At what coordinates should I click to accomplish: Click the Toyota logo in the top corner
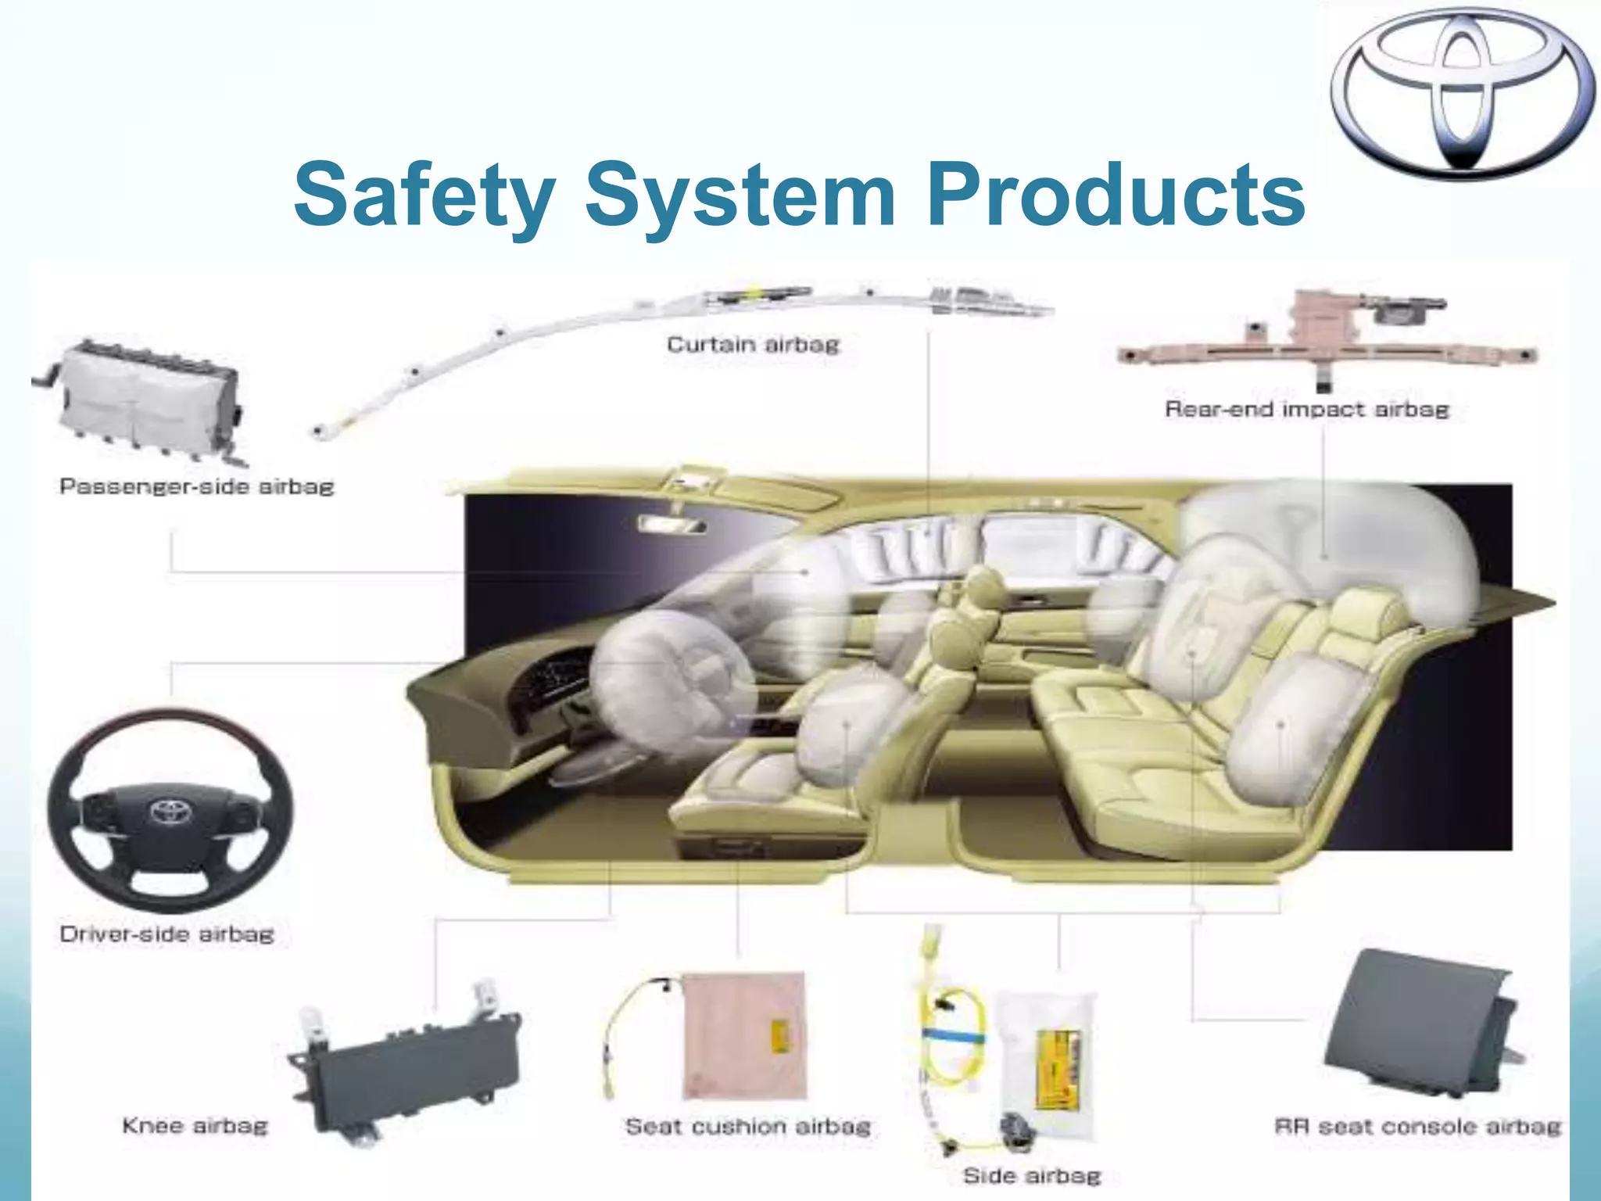pos(1462,94)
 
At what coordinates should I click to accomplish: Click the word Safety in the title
pos(424,194)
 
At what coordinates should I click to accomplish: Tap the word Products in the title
pos(1115,194)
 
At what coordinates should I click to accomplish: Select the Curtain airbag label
pos(753,345)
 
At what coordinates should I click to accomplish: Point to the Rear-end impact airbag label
pos(1306,409)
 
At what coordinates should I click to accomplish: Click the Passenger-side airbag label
pos(196,486)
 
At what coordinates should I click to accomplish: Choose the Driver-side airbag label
pos(167,934)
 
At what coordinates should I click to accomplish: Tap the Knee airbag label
pos(195,1126)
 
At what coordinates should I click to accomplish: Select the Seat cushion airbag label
pos(747,1127)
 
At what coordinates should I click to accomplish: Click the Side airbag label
pos(1031,1176)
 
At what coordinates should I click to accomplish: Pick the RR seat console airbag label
pos(1417,1127)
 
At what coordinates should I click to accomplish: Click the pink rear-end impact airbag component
pos(1321,336)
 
